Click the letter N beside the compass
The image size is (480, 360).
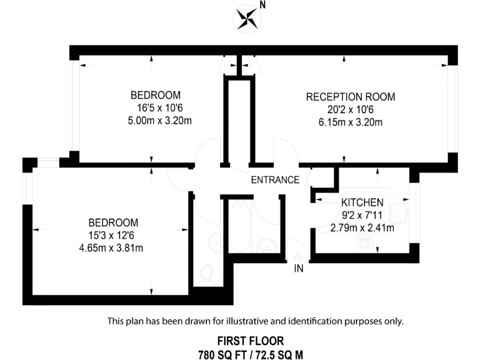[262, 6]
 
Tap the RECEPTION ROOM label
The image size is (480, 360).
[350, 97]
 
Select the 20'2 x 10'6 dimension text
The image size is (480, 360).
[350, 109]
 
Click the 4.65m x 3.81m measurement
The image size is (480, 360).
[113, 247]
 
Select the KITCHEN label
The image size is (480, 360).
[362, 203]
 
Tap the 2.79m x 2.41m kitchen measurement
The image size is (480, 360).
[362, 227]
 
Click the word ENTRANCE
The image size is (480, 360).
[275, 180]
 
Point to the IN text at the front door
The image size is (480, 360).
[298, 269]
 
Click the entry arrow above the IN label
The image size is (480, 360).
[298, 256]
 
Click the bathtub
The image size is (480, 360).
[240, 225]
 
